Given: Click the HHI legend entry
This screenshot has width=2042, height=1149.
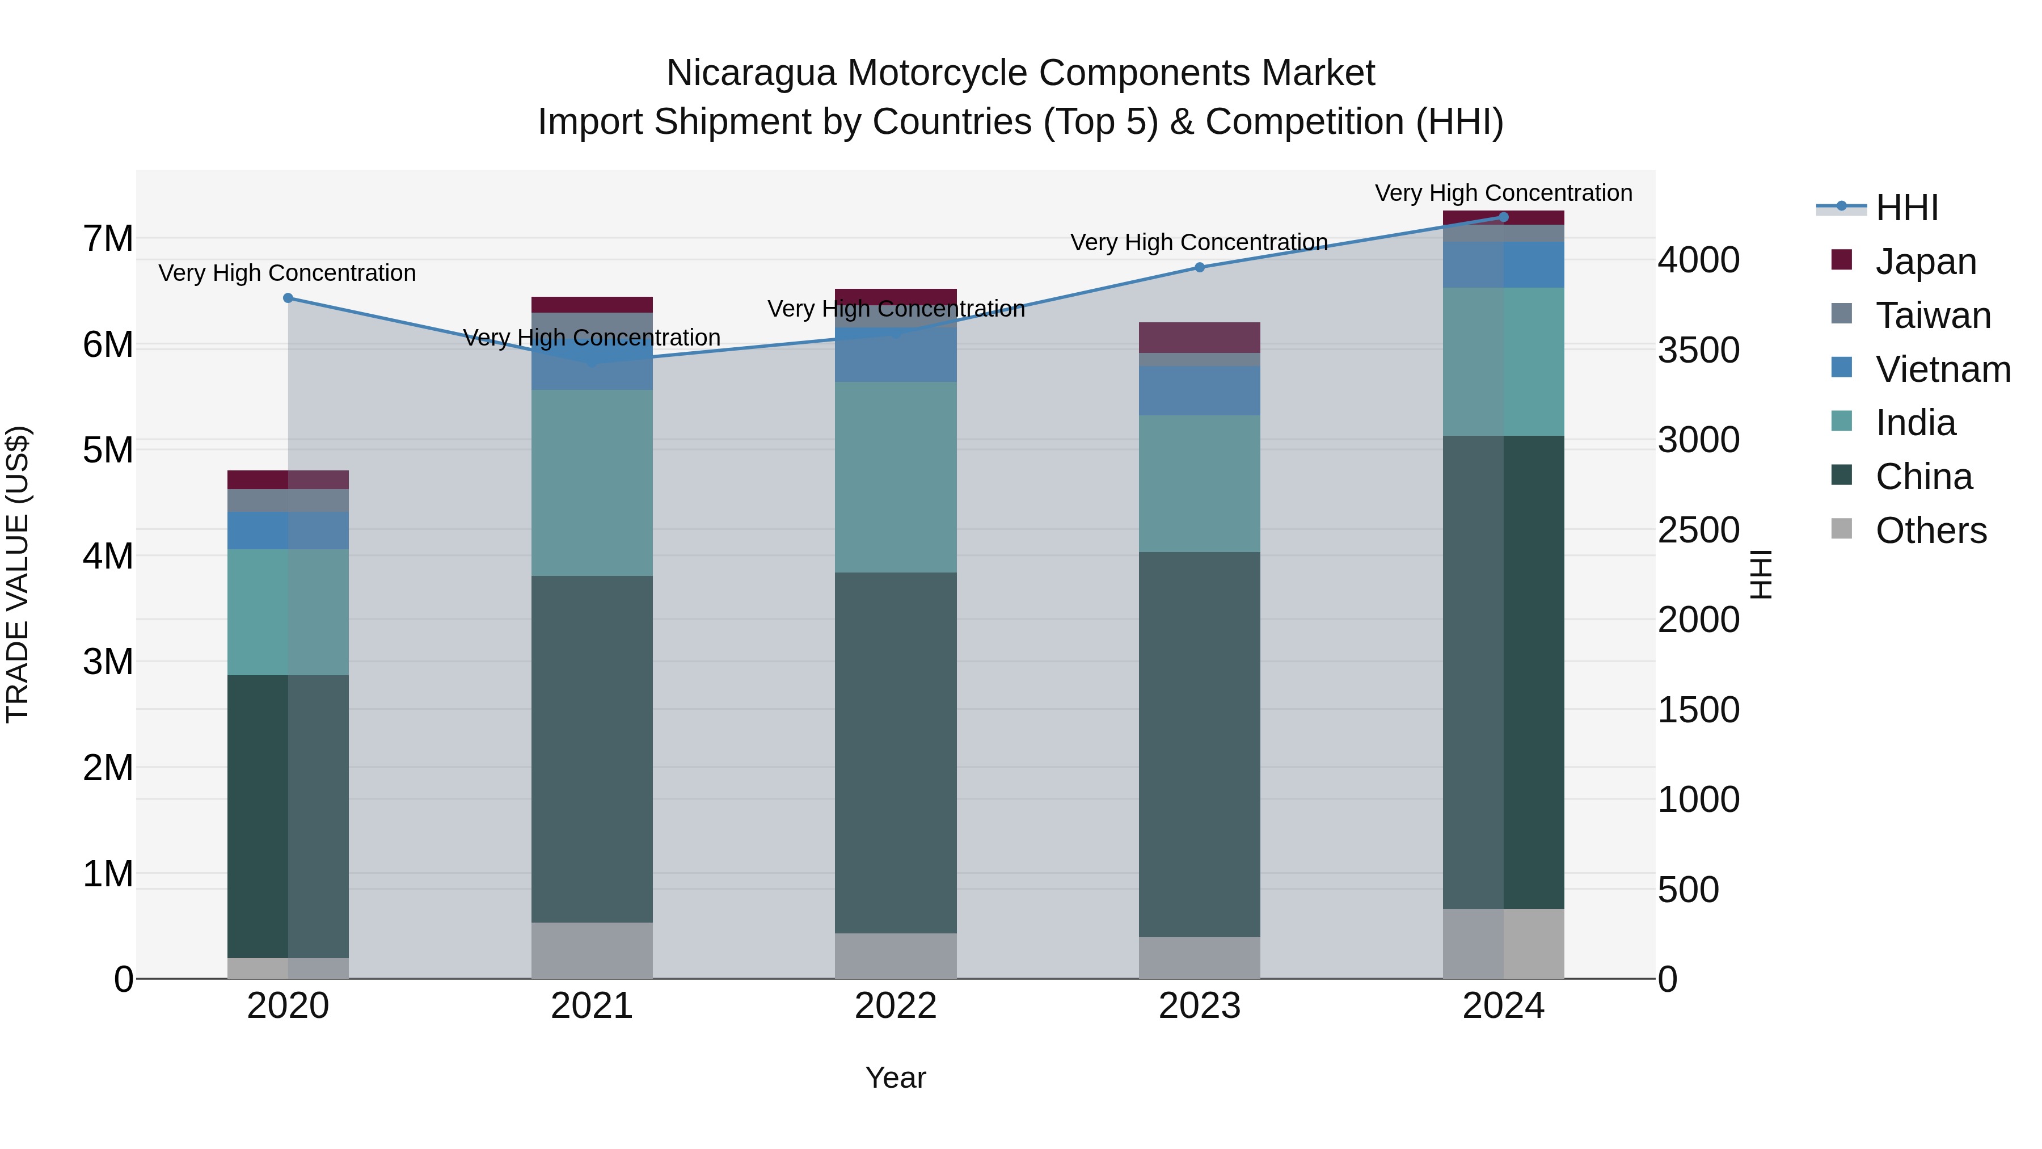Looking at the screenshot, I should pyautogui.click(x=1906, y=208).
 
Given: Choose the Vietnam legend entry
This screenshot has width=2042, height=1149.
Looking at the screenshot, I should pyautogui.click(x=1942, y=369).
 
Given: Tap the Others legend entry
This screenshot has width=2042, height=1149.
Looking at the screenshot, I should pyautogui.click(x=1930, y=531).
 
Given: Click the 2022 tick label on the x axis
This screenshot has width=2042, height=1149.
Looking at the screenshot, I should pyautogui.click(x=896, y=1006).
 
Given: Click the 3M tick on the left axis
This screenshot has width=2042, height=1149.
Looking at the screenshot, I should pyautogui.click(x=108, y=662).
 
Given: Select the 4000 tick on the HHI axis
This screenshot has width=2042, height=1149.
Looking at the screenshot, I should pyautogui.click(x=1698, y=260).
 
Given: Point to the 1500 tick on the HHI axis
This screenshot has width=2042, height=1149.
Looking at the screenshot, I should pyautogui.click(x=1698, y=710).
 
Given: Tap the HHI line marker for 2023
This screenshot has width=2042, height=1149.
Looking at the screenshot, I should pyautogui.click(x=1199, y=267).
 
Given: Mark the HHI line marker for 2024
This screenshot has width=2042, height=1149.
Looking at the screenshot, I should pyautogui.click(x=1504, y=217).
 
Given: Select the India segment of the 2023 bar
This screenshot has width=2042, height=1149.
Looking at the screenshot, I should pyautogui.click(x=1199, y=483).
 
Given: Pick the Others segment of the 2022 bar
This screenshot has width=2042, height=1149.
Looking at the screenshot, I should pyautogui.click(x=896, y=956).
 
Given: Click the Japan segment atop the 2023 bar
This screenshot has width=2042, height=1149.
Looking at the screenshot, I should pyautogui.click(x=1199, y=337).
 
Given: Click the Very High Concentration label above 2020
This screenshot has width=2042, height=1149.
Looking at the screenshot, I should pyautogui.click(x=287, y=273).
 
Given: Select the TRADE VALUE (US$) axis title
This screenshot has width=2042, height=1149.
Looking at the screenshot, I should pyautogui.click(x=18, y=574).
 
